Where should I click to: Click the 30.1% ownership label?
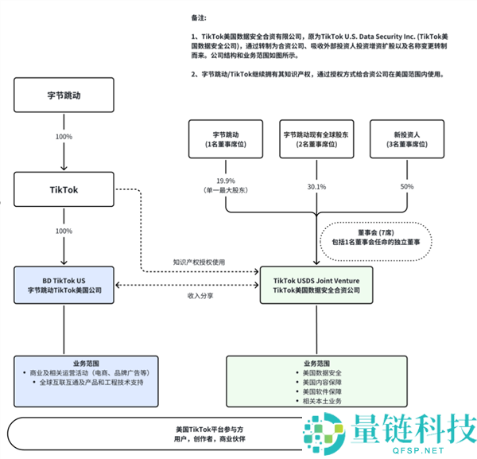(316, 187)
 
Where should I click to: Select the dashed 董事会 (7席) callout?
(375, 235)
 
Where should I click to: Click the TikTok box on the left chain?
(64, 190)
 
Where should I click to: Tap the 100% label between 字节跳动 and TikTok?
(64, 137)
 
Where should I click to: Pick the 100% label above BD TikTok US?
(64, 231)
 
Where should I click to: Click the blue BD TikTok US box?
(64, 286)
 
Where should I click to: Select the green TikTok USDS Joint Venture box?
(316, 286)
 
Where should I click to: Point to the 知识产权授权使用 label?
(200, 262)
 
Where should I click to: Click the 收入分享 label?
(200, 295)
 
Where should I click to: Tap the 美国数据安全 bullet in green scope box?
(318, 372)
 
